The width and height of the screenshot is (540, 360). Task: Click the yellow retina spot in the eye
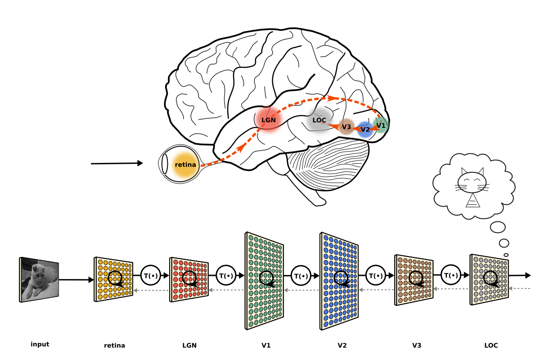point(185,165)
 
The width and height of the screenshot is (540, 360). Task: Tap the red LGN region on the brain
point(269,120)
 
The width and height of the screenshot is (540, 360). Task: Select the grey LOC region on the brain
point(319,121)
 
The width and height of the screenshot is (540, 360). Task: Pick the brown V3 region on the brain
point(346,127)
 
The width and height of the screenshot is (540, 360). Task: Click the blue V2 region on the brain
point(365,130)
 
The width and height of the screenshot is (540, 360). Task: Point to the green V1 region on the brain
point(381,125)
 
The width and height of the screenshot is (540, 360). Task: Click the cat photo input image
point(39,279)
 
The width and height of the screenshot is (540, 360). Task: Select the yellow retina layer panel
point(114,279)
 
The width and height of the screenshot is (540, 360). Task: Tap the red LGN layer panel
point(189,279)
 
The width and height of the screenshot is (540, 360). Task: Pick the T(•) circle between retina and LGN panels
point(151,275)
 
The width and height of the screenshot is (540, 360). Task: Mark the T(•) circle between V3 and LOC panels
point(451,275)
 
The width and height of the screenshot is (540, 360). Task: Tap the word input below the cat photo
point(40,344)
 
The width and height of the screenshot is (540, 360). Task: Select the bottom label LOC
point(491,346)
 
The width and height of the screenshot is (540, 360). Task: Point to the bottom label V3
point(417,346)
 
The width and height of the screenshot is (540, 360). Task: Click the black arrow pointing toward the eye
point(117,163)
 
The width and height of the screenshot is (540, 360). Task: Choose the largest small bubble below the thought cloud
point(498,227)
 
